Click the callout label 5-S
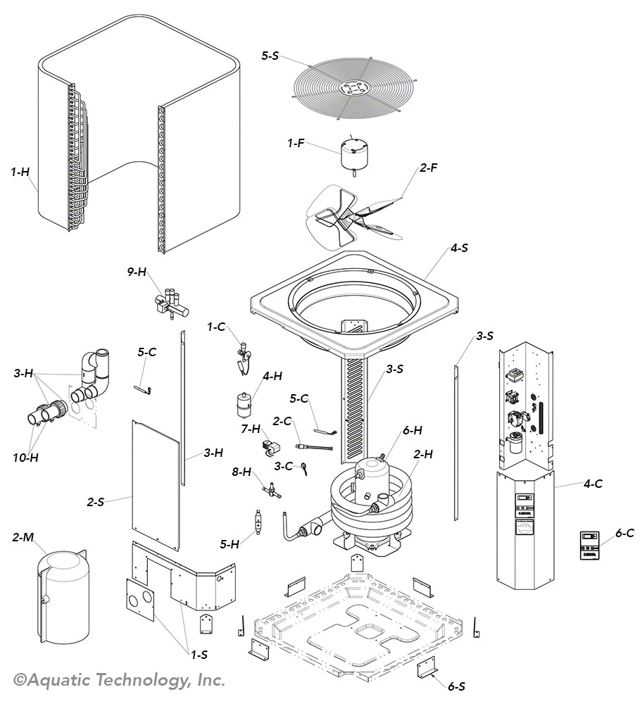pos(270,56)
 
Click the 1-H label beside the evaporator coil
pos(20,171)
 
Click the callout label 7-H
pos(250,428)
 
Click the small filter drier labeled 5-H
pos(258,525)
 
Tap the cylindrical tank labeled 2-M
pos(63,598)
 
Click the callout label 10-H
pos(25,458)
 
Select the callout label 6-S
pos(455,686)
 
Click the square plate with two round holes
pos(139,600)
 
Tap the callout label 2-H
pos(422,455)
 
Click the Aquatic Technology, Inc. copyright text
pos(120,680)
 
